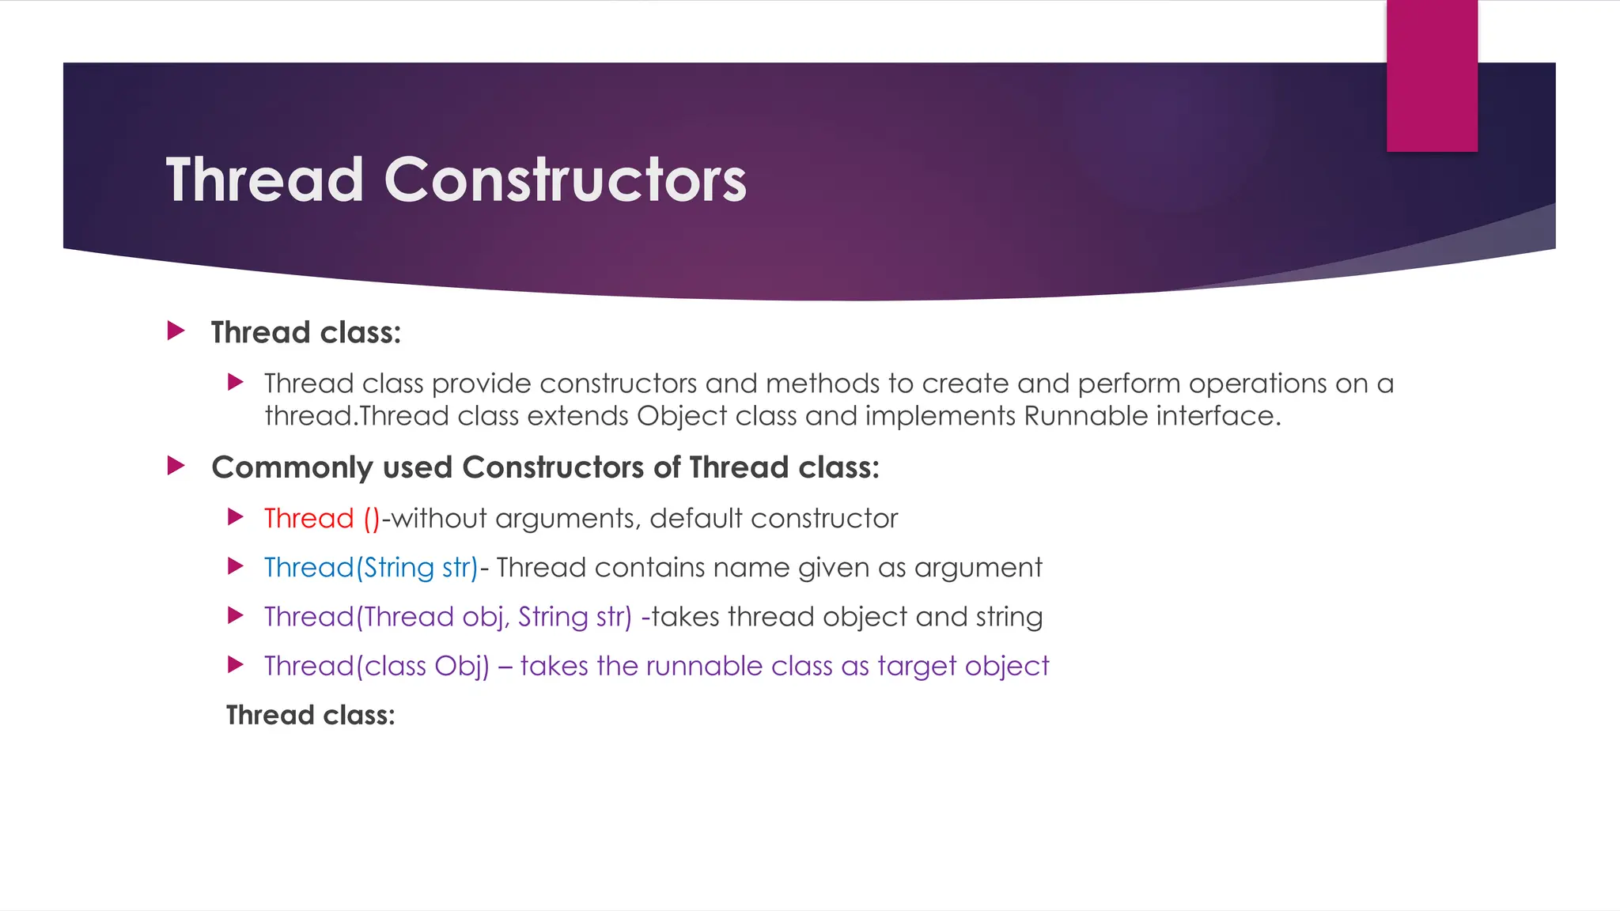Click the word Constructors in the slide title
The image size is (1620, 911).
click(x=565, y=180)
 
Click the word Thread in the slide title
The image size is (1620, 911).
click(x=264, y=180)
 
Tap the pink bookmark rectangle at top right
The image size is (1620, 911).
click(x=1432, y=76)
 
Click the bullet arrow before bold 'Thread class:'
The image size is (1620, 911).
click(x=176, y=331)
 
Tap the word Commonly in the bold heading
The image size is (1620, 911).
click(x=292, y=468)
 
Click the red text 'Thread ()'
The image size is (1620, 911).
click(x=322, y=519)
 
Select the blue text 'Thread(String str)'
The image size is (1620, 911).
click(x=371, y=568)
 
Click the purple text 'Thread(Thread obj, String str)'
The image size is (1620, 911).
click(x=448, y=617)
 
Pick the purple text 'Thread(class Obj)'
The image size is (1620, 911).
click(x=377, y=666)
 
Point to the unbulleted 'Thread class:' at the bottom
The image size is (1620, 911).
click(x=310, y=715)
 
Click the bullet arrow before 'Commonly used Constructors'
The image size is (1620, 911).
click(x=176, y=466)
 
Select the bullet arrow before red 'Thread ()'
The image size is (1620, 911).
click(x=235, y=517)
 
